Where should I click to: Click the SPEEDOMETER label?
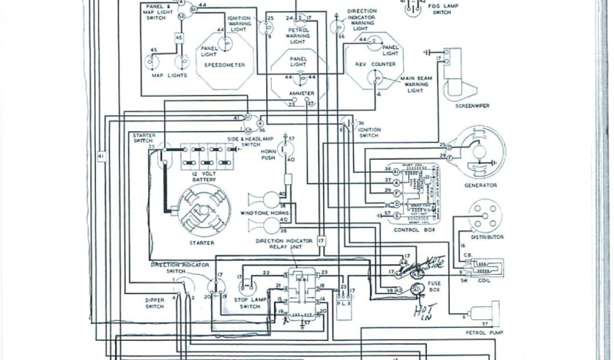pyautogui.click(x=225, y=65)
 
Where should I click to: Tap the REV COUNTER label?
pyautogui.click(x=375, y=64)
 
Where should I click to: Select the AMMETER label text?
pyautogui.click(x=297, y=94)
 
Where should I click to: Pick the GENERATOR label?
pyautogui.click(x=480, y=185)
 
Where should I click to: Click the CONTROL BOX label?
pyautogui.click(x=410, y=230)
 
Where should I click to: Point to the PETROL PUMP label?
pyautogui.click(x=483, y=332)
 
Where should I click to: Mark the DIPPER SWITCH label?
pyautogui.click(x=154, y=303)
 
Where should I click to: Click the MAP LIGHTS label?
pyautogui.click(x=169, y=76)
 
